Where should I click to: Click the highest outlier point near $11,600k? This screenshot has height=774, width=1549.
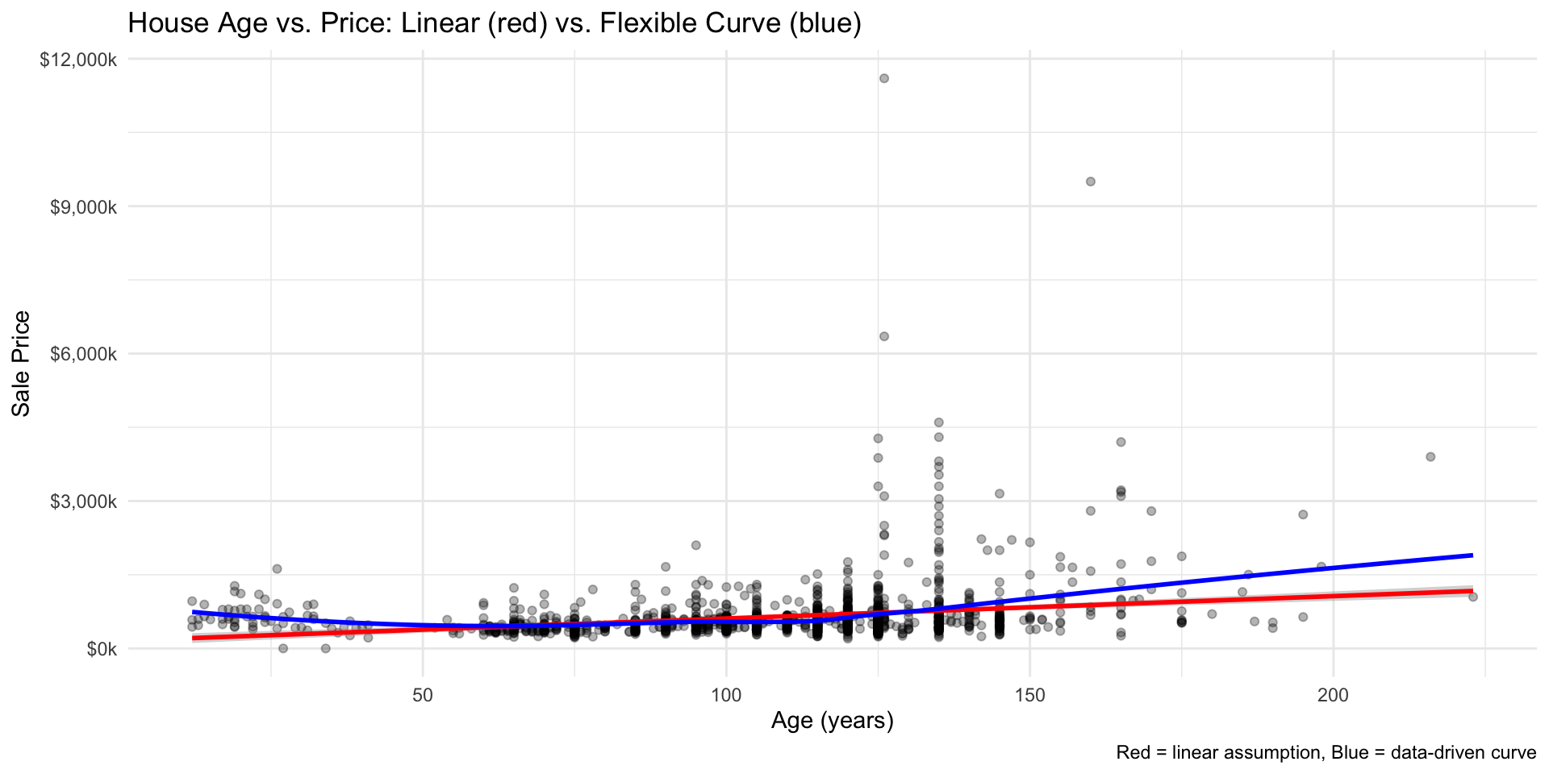(883, 78)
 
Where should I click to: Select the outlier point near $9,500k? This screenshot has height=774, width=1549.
(1090, 181)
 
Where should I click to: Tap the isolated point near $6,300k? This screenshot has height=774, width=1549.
(883, 336)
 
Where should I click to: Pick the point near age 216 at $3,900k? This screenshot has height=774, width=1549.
(1430, 456)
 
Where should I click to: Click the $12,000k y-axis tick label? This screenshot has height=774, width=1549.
(78, 60)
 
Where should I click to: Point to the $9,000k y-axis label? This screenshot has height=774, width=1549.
(83, 206)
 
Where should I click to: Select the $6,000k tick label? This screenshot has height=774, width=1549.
(83, 354)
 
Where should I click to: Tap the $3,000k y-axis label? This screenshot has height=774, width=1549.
(83, 501)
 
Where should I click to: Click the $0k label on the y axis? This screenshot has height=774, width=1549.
(102, 648)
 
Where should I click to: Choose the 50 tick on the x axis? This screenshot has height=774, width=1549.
(423, 695)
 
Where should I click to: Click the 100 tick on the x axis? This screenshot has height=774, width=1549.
(726, 695)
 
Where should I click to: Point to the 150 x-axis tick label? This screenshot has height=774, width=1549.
(1029, 695)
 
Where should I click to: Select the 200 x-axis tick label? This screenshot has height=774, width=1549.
(1333, 695)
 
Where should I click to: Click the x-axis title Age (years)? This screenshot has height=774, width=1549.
(832, 720)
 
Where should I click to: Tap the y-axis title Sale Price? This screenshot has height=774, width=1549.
(22, 364)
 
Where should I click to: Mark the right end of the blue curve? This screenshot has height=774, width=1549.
(1472, 555)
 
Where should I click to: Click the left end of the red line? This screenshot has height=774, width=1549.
(193, 638)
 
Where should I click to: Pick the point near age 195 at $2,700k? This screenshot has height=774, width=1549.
(1302, 514)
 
